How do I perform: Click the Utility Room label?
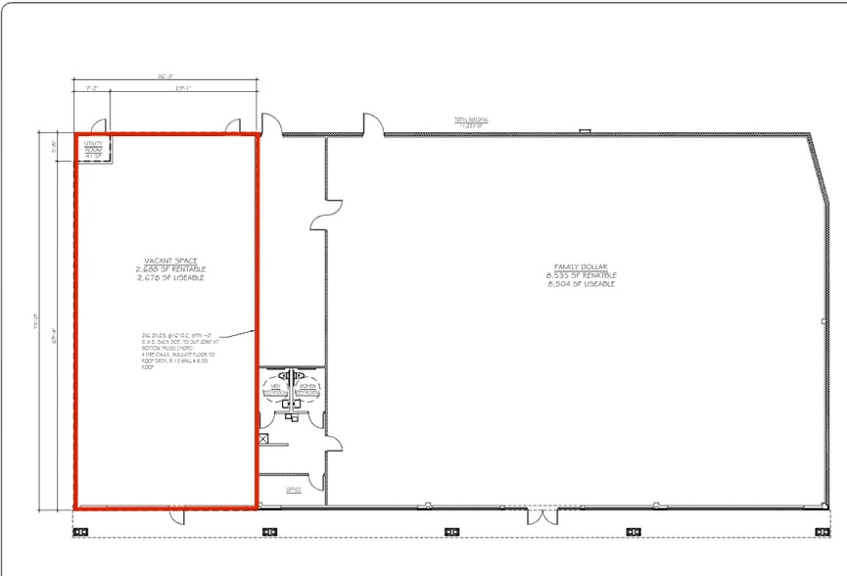(94, 149)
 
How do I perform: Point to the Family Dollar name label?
(582, 267)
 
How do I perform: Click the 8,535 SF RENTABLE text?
(582, 275)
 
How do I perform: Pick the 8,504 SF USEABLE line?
(582, 284)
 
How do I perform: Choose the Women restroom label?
(308, 390)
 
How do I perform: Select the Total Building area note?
(471, 122)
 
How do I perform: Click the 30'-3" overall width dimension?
(165, 76)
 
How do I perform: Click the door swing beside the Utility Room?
(98, 125)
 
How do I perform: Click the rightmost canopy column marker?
(821, 532)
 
